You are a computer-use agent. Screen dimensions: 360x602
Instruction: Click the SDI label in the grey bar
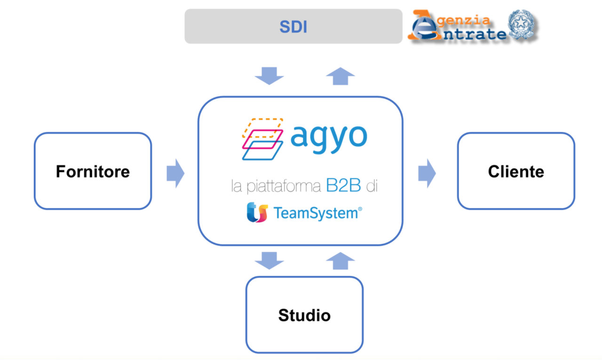[293, 27]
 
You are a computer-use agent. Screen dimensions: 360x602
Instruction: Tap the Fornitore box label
[93, 172]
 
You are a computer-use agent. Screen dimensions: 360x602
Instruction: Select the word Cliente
[516, 172]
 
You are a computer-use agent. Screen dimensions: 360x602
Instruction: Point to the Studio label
[304, 315]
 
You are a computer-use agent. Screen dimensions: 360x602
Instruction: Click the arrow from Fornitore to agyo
[175, 173]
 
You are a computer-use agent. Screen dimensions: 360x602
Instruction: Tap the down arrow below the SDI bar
[269, 75]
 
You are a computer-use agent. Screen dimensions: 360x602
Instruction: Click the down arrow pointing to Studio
[269, 260]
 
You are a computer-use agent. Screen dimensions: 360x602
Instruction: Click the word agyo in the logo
[328, 137]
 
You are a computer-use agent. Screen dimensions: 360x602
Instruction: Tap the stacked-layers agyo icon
[262, 139]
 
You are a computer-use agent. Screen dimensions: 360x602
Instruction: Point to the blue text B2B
[343, 186]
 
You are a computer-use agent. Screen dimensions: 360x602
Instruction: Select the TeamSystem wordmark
[315, 214]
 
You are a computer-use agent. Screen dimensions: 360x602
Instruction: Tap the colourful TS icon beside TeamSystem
[257, 213]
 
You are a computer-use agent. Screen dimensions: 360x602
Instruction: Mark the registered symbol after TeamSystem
[360, 210]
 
